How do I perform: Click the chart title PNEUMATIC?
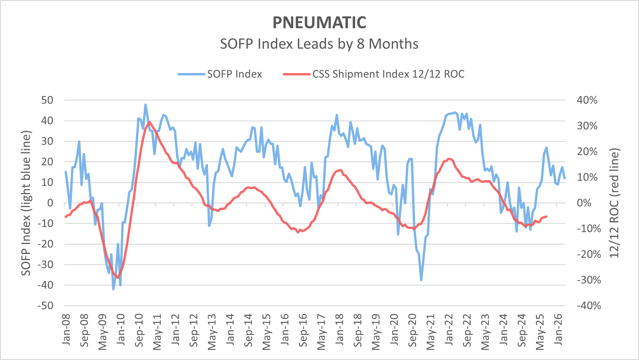319,23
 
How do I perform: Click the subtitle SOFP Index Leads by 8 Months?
319,44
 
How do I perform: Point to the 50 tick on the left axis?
47,100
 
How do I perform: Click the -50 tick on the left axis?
46,306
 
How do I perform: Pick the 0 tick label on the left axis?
50,203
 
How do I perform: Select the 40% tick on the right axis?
587,100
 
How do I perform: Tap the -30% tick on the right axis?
589,280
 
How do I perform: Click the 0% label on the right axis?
584,203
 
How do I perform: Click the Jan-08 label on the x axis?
66,329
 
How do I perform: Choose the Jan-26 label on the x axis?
558,329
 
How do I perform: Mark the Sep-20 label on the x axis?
412,330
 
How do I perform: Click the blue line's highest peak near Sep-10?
145,105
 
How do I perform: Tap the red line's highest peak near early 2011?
150,122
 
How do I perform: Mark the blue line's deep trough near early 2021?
421,280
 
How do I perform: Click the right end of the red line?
546,217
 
